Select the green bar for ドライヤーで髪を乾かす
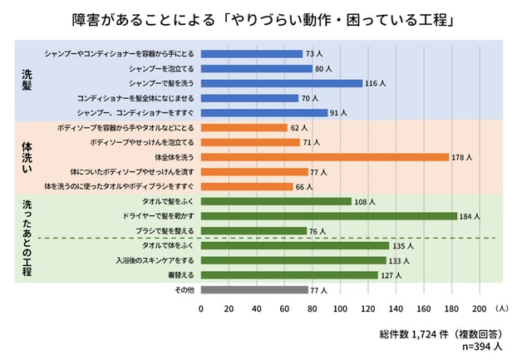[x=328, y=216]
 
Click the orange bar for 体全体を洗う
[x=324, y=156]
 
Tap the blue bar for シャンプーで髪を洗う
[x=282, y=83]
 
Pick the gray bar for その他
[x=254, y=290]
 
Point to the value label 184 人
[x=470, y=216]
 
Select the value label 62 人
[x=299, y=127]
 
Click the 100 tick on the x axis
[x=340, y=308]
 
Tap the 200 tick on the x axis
[x=479, y=308]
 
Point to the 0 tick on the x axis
[x=201, y=308]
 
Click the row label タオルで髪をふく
[x=169, y=202]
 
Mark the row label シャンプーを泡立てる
[x=161, y=69]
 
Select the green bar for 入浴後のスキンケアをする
[x=293, y=260]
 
